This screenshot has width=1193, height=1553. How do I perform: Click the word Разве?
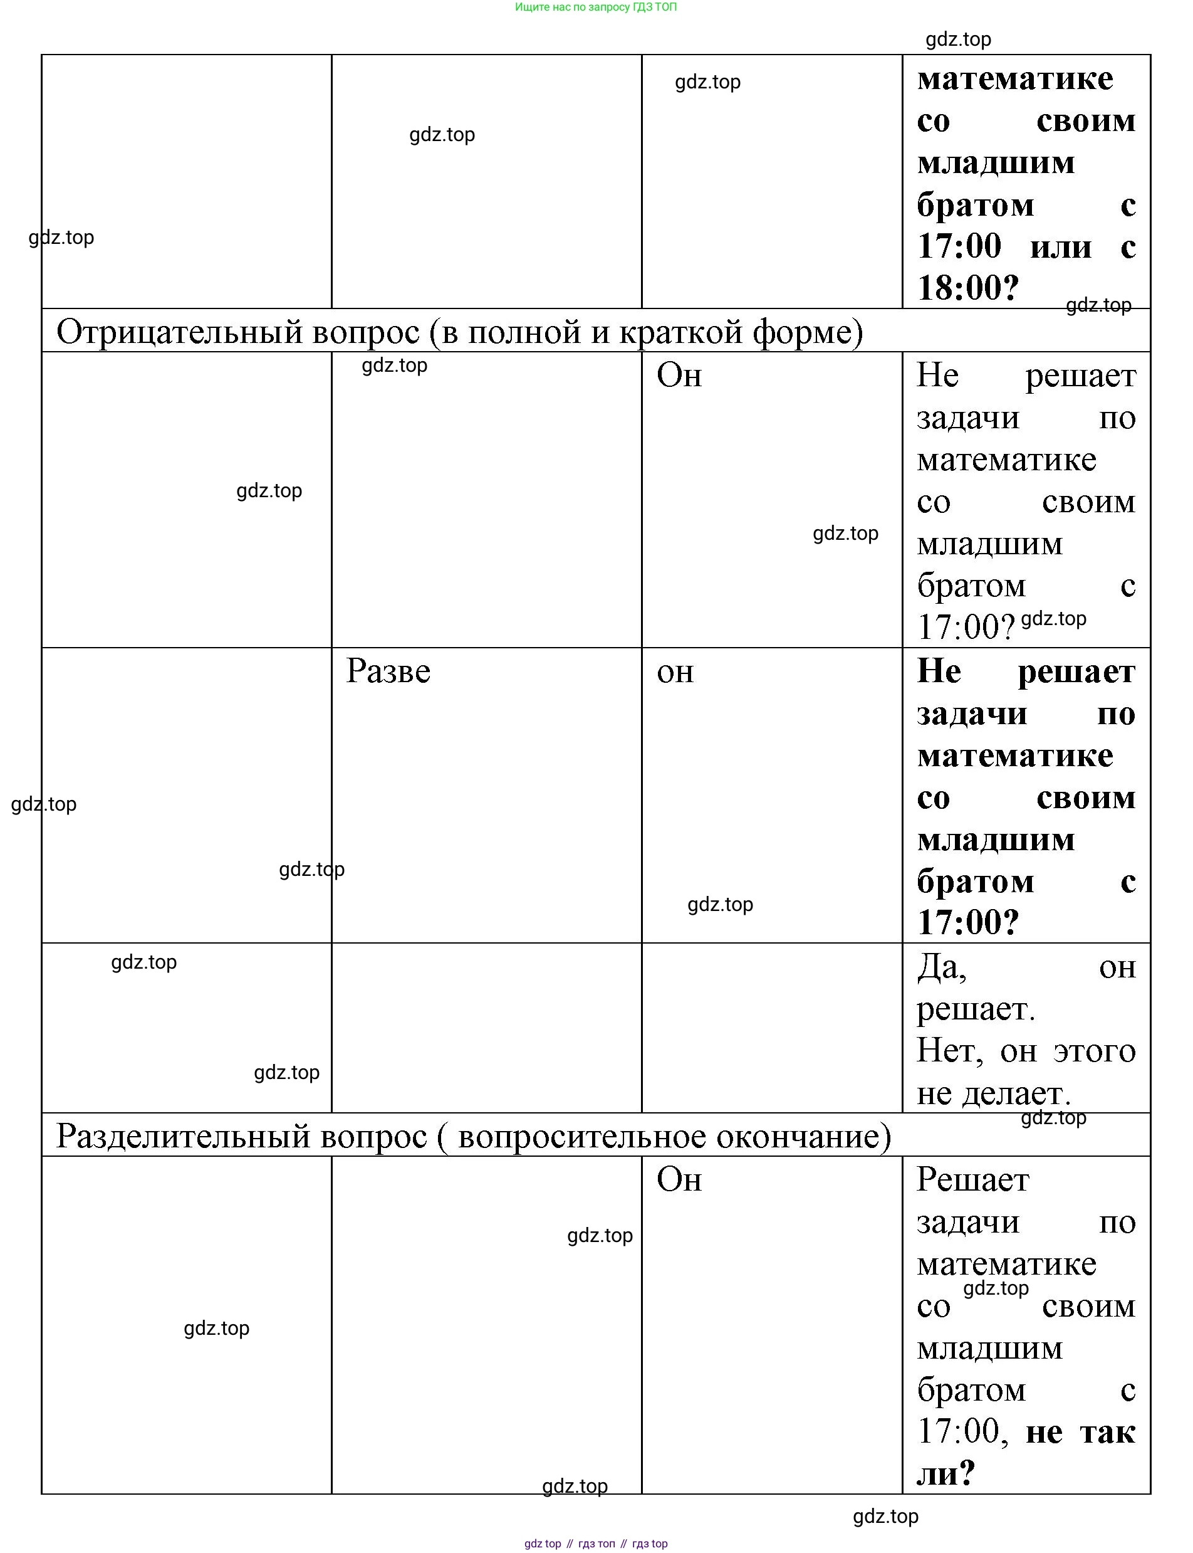388,671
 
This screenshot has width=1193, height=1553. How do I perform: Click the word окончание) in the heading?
803,1136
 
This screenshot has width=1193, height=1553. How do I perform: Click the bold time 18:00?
968,288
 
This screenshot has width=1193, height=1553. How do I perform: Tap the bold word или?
1060,247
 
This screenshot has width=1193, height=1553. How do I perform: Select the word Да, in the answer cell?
942,967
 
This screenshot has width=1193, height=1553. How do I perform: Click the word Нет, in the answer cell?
949,1051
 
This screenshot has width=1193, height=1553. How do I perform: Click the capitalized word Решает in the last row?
972,1180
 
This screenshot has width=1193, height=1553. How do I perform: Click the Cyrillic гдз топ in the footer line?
596,1544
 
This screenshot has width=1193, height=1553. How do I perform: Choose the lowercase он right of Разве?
675,671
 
